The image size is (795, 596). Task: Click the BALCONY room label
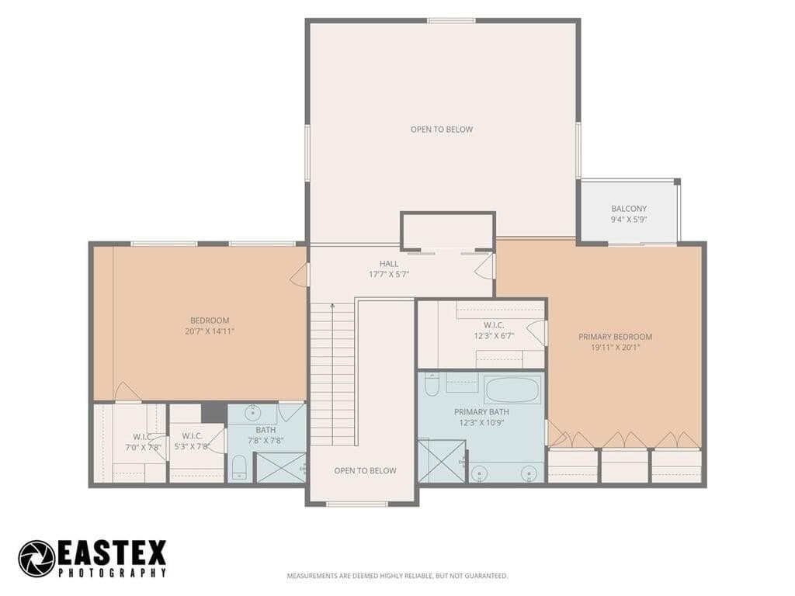pyautogui.click(x=629, y=208)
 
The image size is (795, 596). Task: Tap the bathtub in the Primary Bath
pyautogui.click(x=512, y=390)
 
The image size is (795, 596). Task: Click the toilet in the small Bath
pyautogui.click(x=239, y=466)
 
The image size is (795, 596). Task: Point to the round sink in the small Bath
pyautogui.click(x=252, y=413)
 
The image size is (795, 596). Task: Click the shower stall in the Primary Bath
pyautogui.click(x=441, y=461)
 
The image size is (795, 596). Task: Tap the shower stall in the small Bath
pyautogui.click(x=280, y=466)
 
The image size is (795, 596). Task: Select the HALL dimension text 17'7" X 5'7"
pyautogui.click(x=389, y=274)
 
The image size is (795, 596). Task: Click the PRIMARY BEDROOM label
pyautogui.click(x=616, y=337)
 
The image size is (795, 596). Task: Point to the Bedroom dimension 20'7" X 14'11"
pyautogui.click(x=210, y=331)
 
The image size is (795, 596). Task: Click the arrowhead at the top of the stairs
pyautogui.click(x=332, y=306)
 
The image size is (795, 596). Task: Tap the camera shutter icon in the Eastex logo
pyautogui.click(x=36, y=559)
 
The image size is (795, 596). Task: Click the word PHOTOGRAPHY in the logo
pyautogui.click(x=112, y=573)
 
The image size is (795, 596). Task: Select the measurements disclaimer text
pyautogui.click(x=397, y=576)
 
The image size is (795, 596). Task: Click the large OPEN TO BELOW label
pyautogui.click(x=442, y=130)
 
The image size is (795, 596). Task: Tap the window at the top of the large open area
pyautogui.click(x=451, y=21)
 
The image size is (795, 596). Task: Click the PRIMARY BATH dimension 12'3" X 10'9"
pyautogui.click(x=481, y=423)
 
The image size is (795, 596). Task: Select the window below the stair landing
pyautogui.click(x=357, y=504)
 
